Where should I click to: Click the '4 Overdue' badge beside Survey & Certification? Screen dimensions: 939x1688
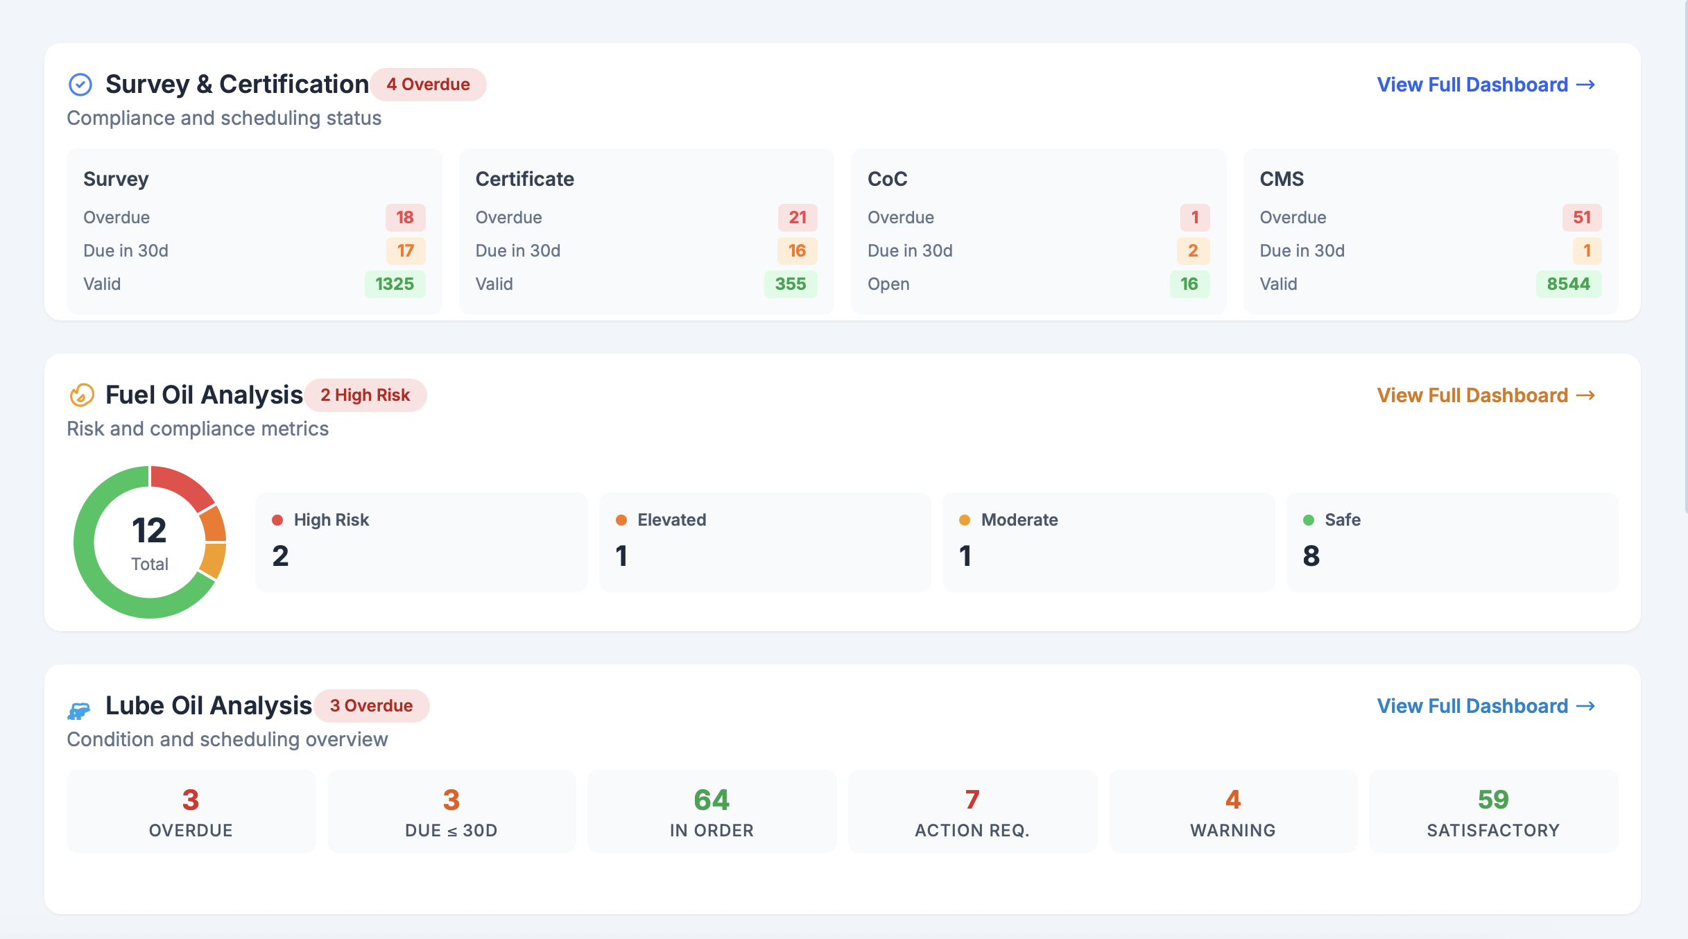(428, 85)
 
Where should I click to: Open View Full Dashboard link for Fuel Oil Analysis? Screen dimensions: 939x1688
(1485, 395)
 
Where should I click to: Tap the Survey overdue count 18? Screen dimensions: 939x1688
(405, 218)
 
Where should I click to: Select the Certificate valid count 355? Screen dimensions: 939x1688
(790, 284)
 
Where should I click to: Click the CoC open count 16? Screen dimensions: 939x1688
(1189, 284)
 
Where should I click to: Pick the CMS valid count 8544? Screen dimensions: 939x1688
(1568, 284)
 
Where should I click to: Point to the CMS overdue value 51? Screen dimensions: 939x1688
(1581, 218)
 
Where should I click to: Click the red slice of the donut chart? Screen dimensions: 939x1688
(182, 483)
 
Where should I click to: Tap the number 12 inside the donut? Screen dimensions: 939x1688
(149, 531)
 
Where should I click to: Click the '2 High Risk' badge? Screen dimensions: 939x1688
(365, 395)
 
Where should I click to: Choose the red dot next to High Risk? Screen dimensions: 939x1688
(277, 520)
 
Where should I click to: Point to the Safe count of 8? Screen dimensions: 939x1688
(1311, 556)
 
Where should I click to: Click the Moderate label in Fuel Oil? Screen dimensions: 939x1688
(1019, 520)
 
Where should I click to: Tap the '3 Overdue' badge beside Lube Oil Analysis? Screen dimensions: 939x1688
(371, 706)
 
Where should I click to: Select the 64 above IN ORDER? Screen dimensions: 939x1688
(712, 800)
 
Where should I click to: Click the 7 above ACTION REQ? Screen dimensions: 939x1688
(972, 800)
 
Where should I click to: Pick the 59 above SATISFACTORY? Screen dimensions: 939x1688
(1493, 800)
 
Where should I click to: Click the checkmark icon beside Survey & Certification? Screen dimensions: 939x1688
(80, 85)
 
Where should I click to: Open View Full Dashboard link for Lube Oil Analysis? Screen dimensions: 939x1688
(1485, 706)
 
